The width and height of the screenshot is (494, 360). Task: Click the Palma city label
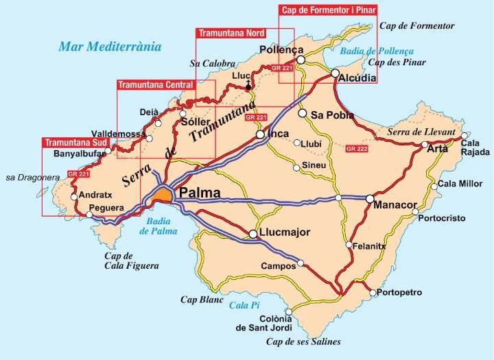199,193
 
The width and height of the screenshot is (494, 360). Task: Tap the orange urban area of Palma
161,196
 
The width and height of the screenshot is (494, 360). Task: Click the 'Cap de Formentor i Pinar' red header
328,10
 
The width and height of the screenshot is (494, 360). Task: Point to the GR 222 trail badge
357,149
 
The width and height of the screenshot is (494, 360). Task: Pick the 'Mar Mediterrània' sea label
110,47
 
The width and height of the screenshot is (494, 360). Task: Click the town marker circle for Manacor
369,199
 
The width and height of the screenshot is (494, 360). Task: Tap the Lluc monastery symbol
248,86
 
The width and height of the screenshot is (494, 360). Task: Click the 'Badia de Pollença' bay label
377,51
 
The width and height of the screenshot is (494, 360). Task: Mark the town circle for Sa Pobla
302,113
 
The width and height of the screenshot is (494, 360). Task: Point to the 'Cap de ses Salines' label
303,341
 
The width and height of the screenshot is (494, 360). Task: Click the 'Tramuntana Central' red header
156,85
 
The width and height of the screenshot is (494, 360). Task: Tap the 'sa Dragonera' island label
32,177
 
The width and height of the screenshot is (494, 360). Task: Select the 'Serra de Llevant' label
421,132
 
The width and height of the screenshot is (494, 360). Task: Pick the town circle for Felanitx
349,245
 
